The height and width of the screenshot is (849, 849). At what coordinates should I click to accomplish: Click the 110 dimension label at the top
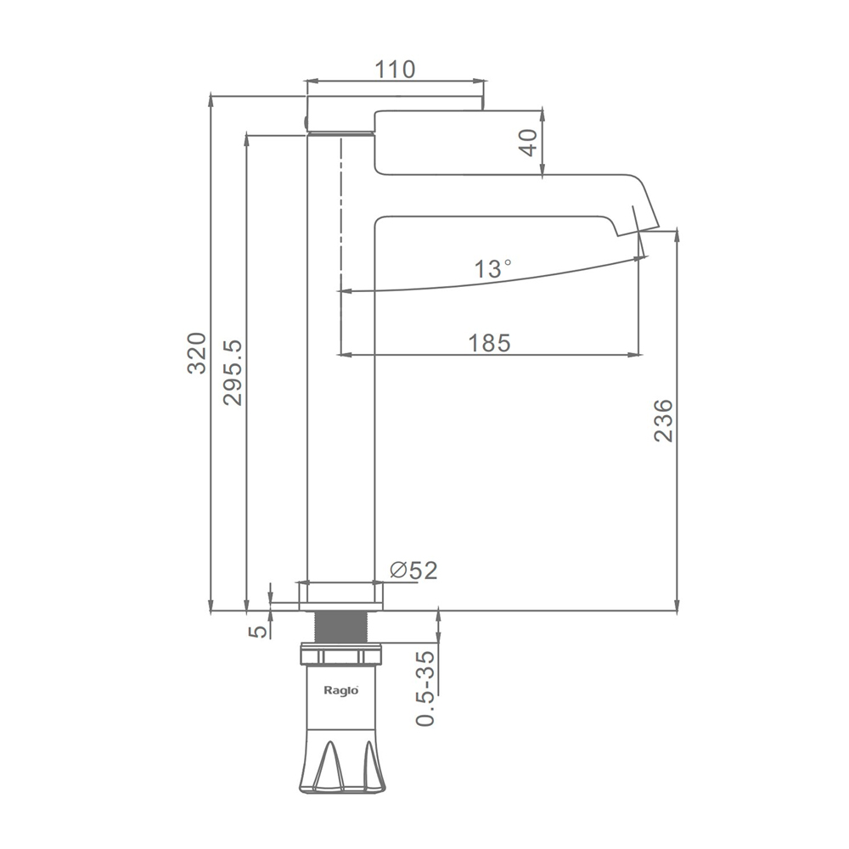pyautogui.click(x=396, y=70)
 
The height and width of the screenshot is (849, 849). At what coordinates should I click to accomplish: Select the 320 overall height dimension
pyautogui.click(x=197, y=353)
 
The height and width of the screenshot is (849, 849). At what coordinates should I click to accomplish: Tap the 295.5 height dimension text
pyautogui.click(x=233, y=373)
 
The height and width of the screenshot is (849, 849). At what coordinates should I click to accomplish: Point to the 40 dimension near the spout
pyautogui.click(x=530, y=143)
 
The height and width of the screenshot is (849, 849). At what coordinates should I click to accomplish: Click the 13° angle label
pyautogui.click(x=492, y=268)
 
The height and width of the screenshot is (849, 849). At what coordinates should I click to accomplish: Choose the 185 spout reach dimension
pyautogui.click(x=490, y=343)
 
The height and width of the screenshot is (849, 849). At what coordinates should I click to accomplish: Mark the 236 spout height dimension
pyautogui.click(x=663, y=421)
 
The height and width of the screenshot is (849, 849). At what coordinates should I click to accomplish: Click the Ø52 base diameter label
pyautogui.click(x=413, y=570)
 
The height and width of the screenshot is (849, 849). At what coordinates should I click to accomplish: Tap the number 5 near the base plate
pyautogui.click(x=259, y=631)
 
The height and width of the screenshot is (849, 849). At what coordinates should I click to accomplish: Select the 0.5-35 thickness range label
pyautogui.click(x=425, y=689)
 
